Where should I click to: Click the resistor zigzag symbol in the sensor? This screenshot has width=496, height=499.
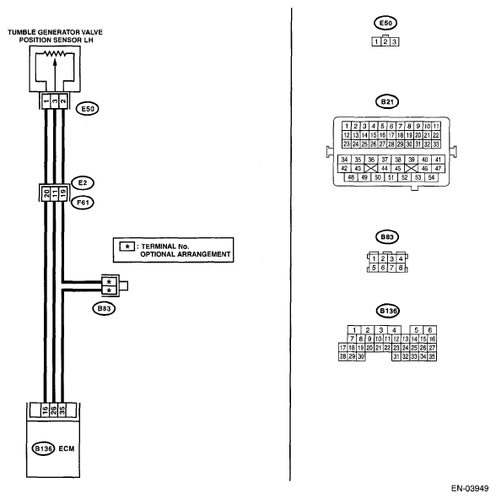click(55, 53)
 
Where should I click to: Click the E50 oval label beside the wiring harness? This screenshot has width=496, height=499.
click(88, 109)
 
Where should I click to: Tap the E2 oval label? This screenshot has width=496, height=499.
click(83, 183)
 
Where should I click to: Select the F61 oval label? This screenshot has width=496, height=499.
click(83, 203)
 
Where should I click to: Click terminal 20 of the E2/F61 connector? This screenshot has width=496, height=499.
click(46, 193)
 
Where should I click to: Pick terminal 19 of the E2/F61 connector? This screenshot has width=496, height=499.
click(63, 193)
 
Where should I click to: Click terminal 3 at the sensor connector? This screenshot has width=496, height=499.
click(55, 101)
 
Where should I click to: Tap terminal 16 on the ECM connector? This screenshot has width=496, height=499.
click(45, 410)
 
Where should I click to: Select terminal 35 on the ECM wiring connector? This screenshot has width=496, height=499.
click(62, 410)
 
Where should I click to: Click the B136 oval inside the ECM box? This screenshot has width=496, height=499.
click(44, 448)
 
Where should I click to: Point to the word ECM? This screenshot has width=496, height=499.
click(67, 448)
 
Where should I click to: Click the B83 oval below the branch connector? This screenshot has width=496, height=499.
click(104, 308)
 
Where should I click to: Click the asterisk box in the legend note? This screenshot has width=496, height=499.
click(127, 247)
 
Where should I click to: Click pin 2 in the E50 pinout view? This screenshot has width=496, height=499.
click(385, 41)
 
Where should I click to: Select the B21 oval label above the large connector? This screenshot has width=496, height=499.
click(387, 102)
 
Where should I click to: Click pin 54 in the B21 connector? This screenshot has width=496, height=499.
click(431, 177)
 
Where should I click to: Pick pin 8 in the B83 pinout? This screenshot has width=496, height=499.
click(401, 268)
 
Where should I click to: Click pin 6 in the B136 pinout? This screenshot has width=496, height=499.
click(430, 330)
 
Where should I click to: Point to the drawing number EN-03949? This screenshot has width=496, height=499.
click(470, 488)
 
